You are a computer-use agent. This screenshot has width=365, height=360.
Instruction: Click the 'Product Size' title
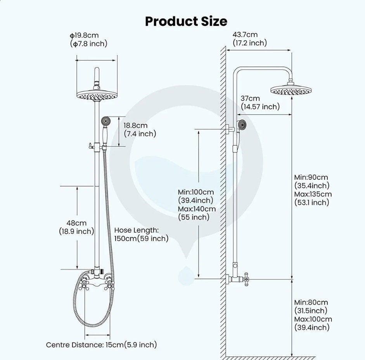coord(186,21)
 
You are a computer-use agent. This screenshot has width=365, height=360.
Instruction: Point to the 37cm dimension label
coord(250,99)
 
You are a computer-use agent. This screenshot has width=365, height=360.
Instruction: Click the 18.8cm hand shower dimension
coord(135,125)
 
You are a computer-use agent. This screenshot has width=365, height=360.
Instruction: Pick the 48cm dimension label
coord(76,223)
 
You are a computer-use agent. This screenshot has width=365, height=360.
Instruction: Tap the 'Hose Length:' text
coord(137,230)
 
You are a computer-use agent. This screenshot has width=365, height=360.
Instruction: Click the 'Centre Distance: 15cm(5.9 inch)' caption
coord(101,344)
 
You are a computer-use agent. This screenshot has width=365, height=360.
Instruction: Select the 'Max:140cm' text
coord(197,209)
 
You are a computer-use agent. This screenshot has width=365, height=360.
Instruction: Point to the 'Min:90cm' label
coord(311,177)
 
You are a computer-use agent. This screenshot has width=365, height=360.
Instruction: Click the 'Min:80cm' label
coord(311,302)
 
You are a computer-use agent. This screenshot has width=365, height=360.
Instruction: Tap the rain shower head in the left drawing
coord(97,94)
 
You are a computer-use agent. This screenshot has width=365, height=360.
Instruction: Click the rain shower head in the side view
coord(291,89)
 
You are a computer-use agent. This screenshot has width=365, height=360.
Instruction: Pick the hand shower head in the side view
coord(242,125)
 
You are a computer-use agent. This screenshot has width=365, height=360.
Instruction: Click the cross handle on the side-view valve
coord(246,279)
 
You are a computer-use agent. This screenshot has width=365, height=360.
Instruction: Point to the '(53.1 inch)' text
coord(311,202)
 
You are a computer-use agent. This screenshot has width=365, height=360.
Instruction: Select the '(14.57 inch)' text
coord(260,107)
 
